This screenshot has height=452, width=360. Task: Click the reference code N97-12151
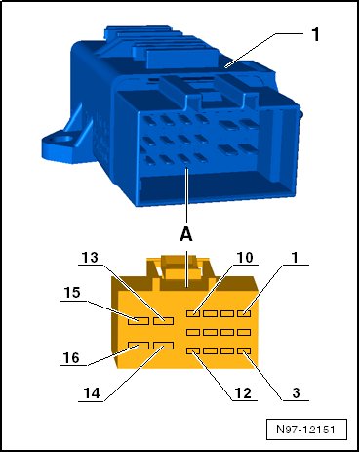(305, 430)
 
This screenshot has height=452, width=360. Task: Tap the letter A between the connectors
(186, 234)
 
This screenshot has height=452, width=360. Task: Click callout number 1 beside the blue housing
(315, 34)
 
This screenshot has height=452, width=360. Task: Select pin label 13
(90, 258)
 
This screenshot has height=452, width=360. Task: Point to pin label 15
(72, 293)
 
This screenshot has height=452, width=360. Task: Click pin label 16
(71, 358)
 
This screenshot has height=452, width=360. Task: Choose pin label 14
(92, 393)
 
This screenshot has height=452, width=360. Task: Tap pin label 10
(245, 258)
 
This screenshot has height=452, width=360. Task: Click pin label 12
(243, 393)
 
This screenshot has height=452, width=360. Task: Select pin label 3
(296, 393)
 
